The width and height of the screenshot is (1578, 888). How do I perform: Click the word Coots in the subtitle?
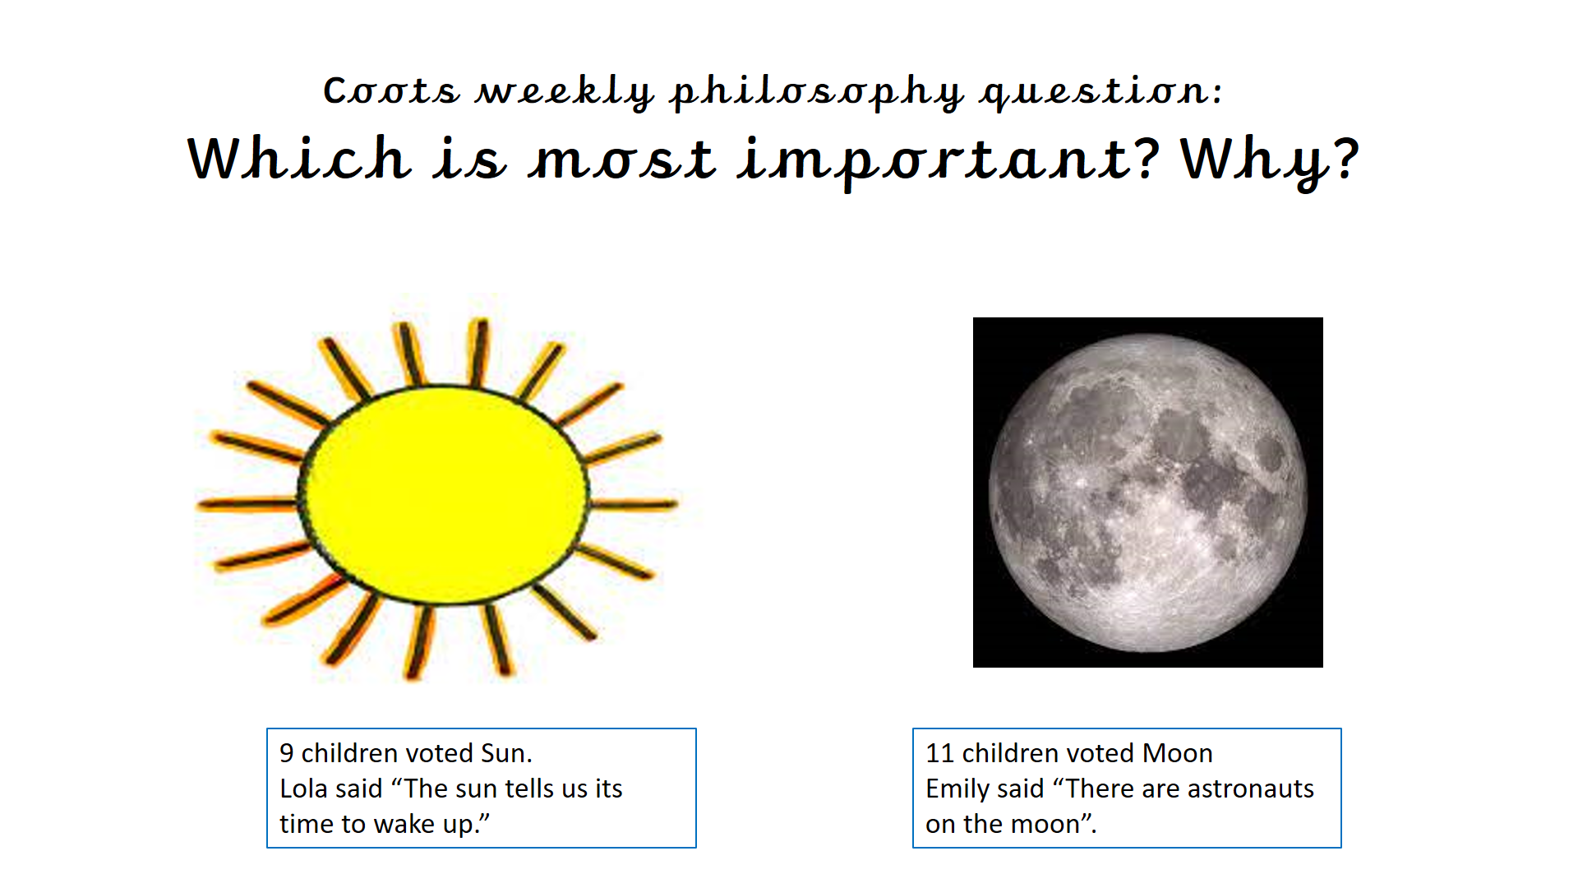(391, 90)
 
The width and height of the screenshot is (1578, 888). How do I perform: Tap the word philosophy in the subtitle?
(817, 93)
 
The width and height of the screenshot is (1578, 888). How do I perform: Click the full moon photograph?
(1147, 493)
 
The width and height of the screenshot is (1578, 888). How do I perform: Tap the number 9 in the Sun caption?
(287, 753)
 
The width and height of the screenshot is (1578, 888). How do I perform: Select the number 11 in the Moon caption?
(939, 753)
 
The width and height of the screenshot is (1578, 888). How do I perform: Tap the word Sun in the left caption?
(505, 753)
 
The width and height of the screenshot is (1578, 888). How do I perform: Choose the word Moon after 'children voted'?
(1178, 753)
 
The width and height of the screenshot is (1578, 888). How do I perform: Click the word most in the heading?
(623, 160)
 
